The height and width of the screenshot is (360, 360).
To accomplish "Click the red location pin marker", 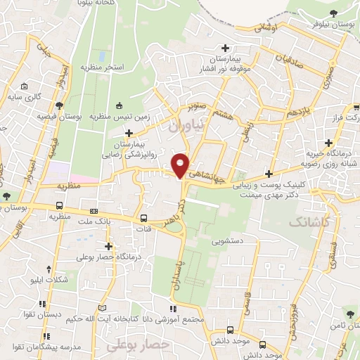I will click(181, 165).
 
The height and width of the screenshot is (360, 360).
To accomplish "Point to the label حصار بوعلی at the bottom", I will click(138, 345).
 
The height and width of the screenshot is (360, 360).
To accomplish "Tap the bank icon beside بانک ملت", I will click(94, 211).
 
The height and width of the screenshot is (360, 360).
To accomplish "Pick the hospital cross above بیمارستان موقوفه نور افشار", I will click(225, 48).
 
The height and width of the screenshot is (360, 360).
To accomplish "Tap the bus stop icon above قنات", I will click(144, 217).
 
